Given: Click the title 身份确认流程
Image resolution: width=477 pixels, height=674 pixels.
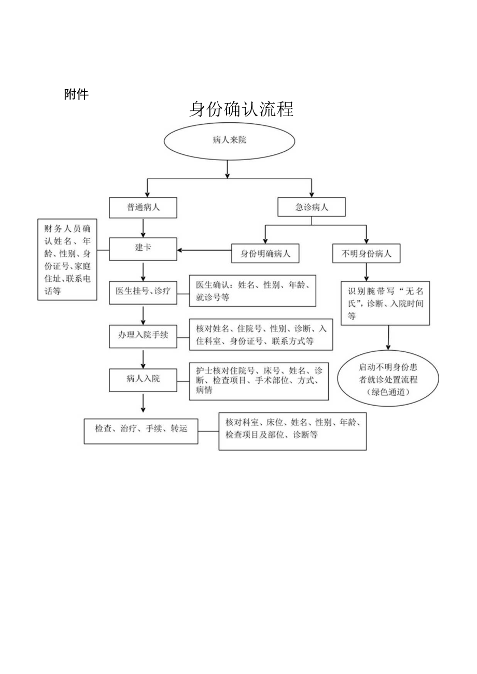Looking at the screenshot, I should [x=241, y=109].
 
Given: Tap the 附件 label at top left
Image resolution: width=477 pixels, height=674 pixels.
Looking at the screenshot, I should [x=76, y=94].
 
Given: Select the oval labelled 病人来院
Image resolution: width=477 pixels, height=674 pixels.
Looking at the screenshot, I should [x=229, y=140].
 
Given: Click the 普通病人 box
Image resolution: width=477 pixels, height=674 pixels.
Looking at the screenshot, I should [x=143, y=207].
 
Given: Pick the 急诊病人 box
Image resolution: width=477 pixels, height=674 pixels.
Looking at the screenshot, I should [x=311, y=207].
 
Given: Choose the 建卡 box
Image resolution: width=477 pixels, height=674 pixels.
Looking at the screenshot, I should [x=143, y=249].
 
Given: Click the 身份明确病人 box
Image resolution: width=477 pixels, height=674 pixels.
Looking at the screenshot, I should [x=265, y=253].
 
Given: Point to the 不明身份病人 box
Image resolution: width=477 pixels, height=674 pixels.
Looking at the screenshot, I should [x=366, y=253].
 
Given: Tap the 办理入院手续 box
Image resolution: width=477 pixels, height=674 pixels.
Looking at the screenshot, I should [x=143, y=335].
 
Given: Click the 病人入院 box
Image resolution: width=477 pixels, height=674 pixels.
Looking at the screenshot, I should [x=143, y=379].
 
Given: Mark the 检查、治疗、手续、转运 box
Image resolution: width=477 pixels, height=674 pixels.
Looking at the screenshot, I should [x=141, y=429].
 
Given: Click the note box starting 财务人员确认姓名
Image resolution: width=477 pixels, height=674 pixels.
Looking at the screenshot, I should [x=67, y=259].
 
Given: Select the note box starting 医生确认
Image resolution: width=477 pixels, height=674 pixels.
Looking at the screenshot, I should [x=252, y=291].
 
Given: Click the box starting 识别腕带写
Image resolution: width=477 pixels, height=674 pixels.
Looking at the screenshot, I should [x=385, y=304].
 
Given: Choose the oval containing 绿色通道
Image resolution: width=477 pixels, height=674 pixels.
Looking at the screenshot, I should [x=388, y=379].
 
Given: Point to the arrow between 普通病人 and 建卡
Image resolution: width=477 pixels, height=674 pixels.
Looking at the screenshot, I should [x=143, y=228].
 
